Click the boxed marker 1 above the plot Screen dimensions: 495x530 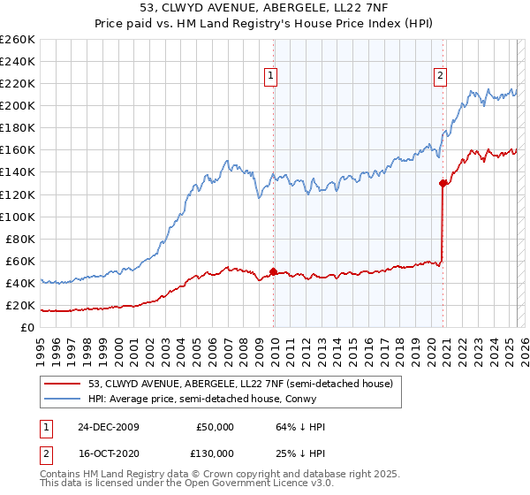click(x=269, y=77)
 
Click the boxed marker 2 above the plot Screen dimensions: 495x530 click(x=439, y=77)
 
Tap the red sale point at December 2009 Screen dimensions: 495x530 click(x=274, y=271)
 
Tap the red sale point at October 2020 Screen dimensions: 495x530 click(x=443, y=183)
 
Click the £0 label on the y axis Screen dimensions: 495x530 click(x=27, y=327)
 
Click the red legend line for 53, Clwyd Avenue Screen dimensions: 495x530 click(x=63, y=383)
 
